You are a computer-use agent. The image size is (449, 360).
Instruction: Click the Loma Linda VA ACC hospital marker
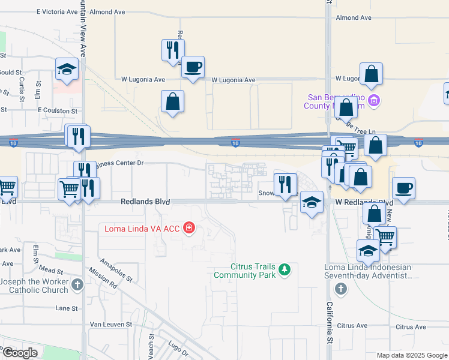189,228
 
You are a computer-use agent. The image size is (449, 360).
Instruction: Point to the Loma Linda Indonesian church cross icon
341,289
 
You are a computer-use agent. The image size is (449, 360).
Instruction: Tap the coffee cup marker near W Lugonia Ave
193,67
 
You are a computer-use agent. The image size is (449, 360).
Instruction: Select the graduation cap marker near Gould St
67,70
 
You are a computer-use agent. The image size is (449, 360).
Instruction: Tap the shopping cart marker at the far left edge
7,187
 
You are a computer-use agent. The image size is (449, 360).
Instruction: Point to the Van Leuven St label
110,324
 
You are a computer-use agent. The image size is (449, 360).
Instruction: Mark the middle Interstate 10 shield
235,143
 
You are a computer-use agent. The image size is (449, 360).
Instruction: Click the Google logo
20,353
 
